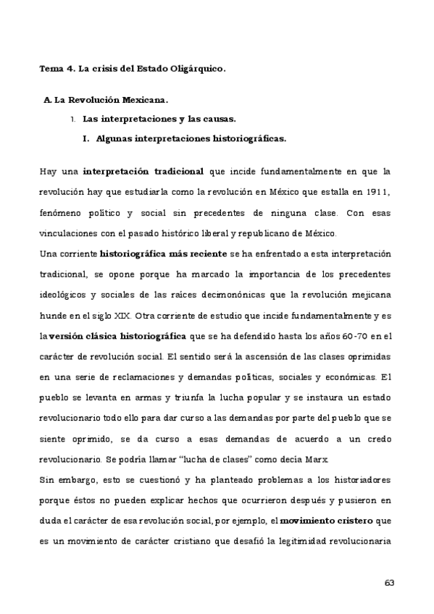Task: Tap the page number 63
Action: pos(388,582)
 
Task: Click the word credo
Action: pos(375,439)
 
